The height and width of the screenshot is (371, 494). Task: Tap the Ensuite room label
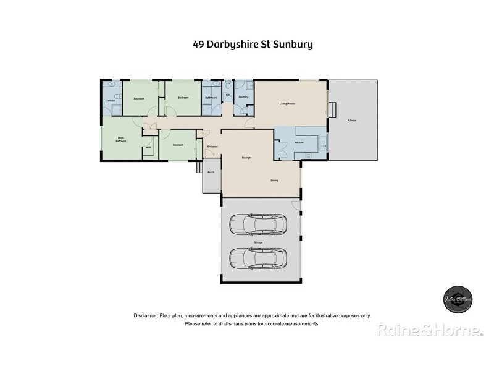pos(111,100)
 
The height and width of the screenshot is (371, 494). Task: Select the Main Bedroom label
pos(120,140)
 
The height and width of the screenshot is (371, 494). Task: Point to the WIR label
pos(148,147)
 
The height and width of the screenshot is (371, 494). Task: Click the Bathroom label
pos(210,98)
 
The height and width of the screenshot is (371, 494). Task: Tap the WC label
pos(228,95)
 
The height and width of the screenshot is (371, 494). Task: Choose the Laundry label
pos(243,98)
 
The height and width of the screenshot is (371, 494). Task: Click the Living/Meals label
pos(287,103)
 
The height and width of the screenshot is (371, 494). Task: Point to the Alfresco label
pos(352,120)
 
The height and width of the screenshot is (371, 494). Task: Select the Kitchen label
pos(299,143)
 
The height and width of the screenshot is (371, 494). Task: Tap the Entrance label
pos(212,147)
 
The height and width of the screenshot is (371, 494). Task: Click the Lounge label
pos(246,158)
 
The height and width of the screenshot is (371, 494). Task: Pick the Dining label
pos(274,181)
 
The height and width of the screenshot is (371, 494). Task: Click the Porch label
pos(211,172)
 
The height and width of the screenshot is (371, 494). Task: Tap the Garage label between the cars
pos(258,242)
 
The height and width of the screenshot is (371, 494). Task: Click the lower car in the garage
pos(258,258)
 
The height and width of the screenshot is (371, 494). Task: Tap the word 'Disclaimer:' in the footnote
pos(146,315)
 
